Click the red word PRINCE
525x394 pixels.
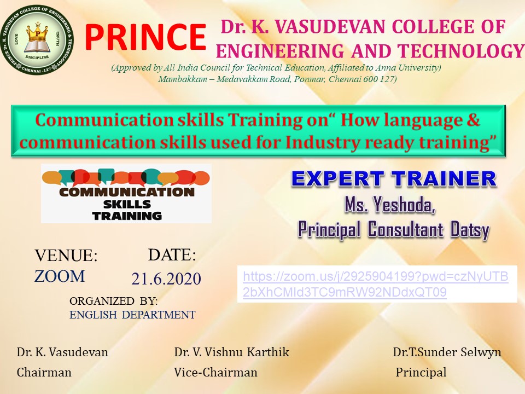(145, 37)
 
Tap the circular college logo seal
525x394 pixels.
(37, 40)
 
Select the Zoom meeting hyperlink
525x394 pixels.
(376, 284)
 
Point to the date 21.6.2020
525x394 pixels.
(166, 279)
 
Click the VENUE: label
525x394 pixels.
(66, 256)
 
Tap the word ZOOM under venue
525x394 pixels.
(60, 276)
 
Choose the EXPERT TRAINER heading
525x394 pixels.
(394, 178)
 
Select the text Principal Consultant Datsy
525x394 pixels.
(394, 230)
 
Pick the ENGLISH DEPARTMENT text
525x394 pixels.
(132, 315)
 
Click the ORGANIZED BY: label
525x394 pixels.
(114, 301)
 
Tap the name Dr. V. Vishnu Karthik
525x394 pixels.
(232, 352)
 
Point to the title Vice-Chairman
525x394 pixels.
(215, 372)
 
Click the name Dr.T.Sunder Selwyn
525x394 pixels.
(447, 352)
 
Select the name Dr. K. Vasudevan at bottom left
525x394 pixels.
(62, 352)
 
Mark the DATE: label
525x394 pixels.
(172, 254)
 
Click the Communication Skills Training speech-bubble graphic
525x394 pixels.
(126, 194)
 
